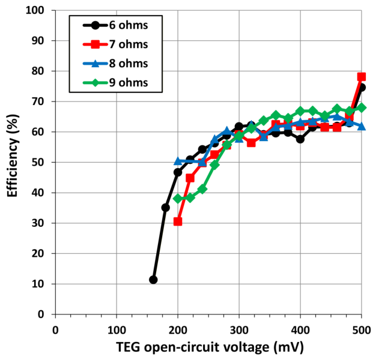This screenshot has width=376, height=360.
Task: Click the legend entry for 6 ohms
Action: [x=115, y=25]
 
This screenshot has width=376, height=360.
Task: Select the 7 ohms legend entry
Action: [x=115, y=44]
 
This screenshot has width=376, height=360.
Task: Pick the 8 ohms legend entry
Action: [x=115, y=64]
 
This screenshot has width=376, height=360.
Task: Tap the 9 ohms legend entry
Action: [x=115, y=83]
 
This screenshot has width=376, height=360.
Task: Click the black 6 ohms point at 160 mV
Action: [x=153, y=280]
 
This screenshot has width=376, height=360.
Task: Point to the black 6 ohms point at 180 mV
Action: [x=165, y=208]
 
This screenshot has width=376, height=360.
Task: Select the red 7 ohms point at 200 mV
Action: [x=178, y=221]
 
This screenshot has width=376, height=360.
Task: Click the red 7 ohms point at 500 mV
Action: [x=362, y=77]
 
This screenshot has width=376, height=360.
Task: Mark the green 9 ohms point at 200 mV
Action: [x=178, y=199]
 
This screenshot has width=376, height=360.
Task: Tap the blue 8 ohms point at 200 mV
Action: [x=178, y=161]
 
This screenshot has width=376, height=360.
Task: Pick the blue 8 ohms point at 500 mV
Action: [x=362, y=126]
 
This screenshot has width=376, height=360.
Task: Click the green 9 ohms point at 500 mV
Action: [x=362, y=107]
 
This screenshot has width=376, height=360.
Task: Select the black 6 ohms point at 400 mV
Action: [x=300, y=139]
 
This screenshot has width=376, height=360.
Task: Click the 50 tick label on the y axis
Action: [x=38, y=163]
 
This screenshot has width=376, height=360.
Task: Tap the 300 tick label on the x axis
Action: [x=239, y=330]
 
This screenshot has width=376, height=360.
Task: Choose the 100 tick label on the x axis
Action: [x=117, y=330]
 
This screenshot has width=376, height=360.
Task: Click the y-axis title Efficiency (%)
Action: [x=13, y=156]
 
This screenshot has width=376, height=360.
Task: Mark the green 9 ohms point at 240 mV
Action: [x=202, y=189]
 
